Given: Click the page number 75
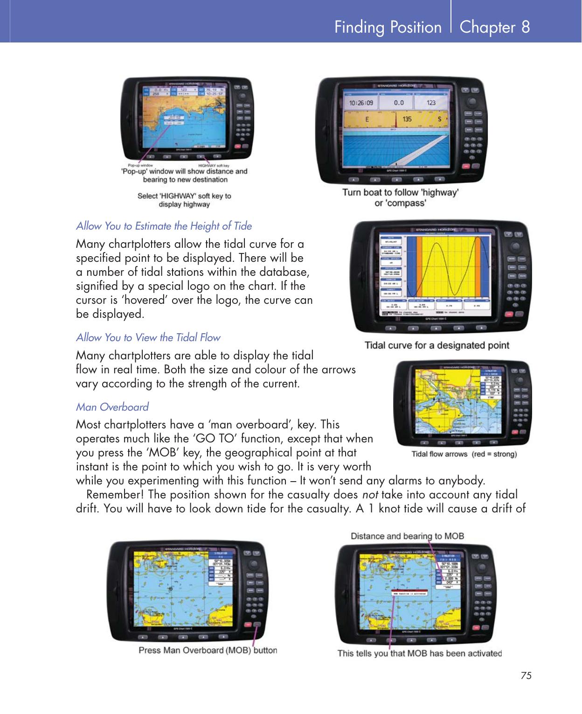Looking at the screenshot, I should coord(526,675).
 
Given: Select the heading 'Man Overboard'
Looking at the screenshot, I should coord(112,407).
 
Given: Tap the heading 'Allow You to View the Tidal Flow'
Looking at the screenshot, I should coord(148,337).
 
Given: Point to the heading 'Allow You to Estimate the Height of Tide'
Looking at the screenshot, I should coord(164,226).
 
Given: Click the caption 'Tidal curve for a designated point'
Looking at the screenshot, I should coord(436,345).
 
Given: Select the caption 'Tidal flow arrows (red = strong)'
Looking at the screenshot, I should coord(464,454).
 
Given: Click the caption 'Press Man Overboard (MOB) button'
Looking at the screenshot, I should coord(208,650).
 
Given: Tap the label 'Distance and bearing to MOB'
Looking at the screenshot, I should coord(407,536).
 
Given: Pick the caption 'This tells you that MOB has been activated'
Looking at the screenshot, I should coord(419,653).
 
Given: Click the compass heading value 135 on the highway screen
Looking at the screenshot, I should coord(407,119).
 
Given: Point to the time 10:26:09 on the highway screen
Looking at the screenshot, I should coord(361,102).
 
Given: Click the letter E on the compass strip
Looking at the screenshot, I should coord(367,119).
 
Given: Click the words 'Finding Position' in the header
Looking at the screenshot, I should coord(388,27).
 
